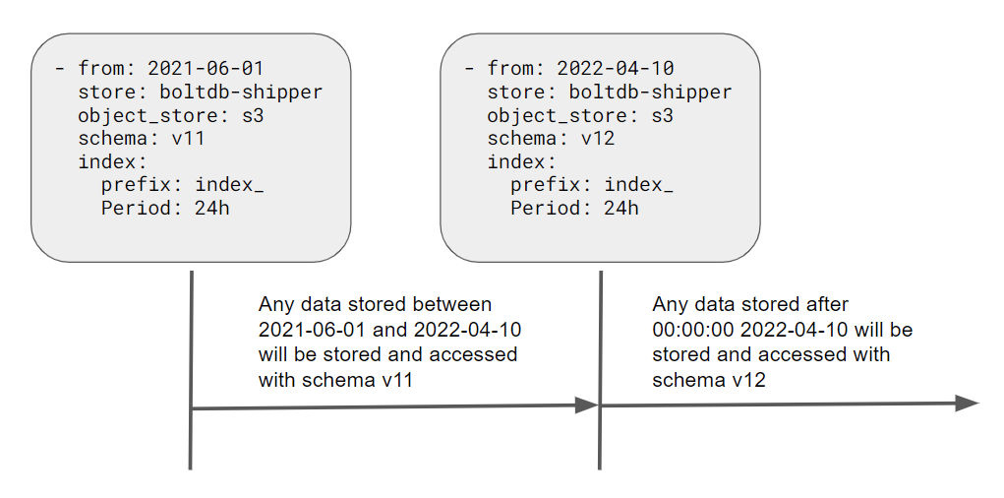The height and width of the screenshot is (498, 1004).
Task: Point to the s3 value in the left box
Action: pos(252,115)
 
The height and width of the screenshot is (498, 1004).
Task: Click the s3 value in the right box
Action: pos(661,115)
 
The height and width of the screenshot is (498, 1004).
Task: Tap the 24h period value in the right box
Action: pos(620,208)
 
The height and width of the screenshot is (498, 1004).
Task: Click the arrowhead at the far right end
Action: pos(968,403)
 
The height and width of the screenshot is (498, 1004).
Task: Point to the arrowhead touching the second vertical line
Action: pos(587,405)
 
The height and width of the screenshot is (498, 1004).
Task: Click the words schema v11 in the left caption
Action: pos(350,378)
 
